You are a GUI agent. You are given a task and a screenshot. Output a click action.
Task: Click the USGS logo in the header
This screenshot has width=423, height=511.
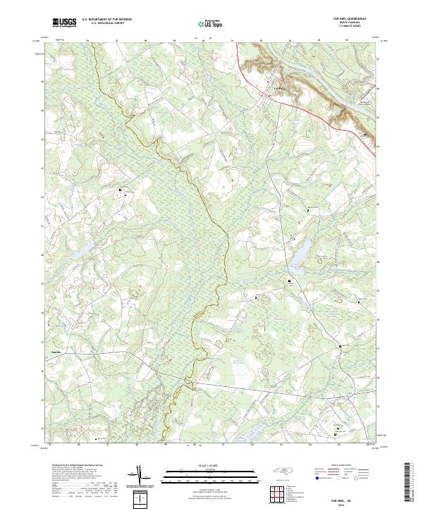pos(64,22)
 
